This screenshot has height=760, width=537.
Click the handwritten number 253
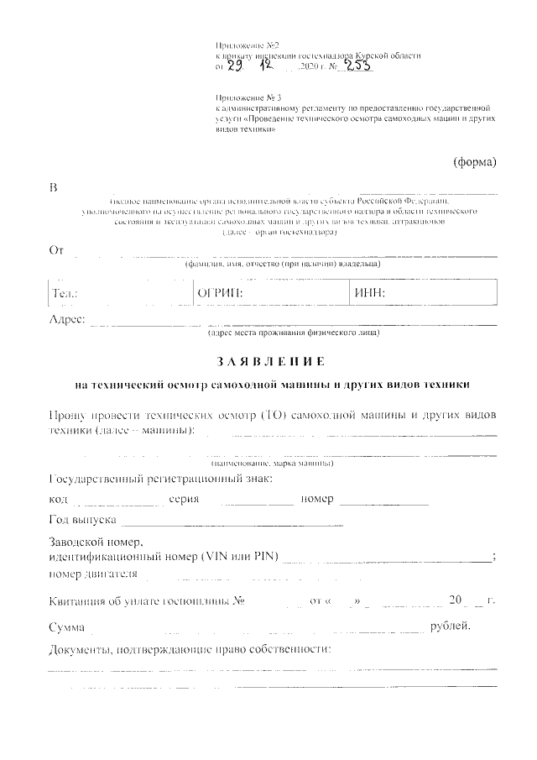352,66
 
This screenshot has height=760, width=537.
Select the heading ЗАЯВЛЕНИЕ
272,362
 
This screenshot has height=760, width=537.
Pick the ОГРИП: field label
219,293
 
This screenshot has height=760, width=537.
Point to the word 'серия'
183,499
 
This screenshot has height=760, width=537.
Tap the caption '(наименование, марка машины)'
272,464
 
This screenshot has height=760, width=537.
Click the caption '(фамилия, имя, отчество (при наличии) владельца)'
283,265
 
